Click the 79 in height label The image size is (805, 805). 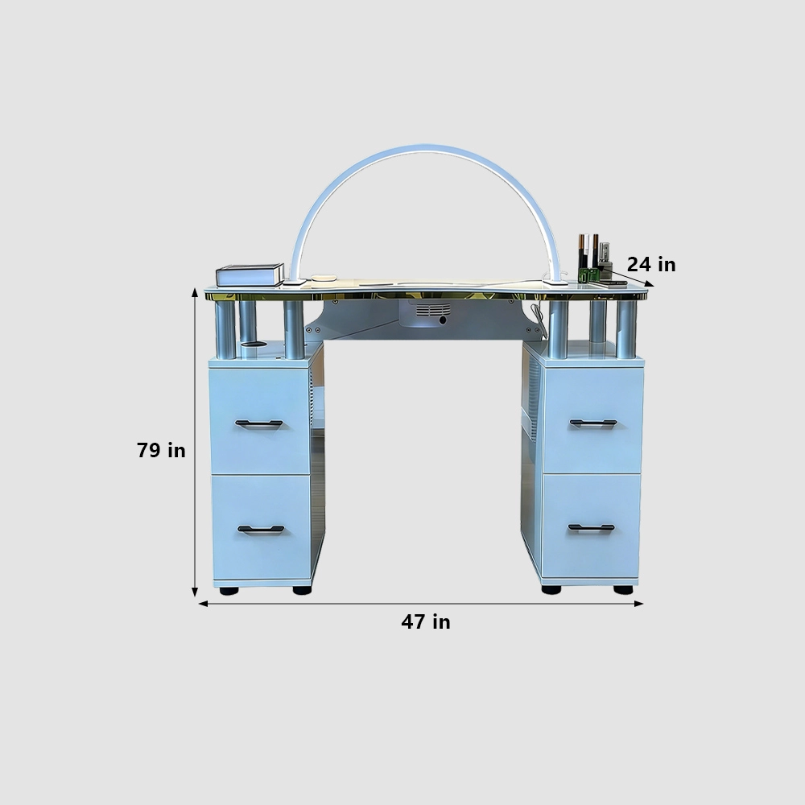pyautogui.click(x=161, y=450)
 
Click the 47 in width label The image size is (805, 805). pyautogui.click(x=426, y=621)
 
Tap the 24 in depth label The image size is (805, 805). pyautogui.click(x=651, y=264)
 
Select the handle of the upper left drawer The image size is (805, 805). pyautogui.click(x=258, y=423)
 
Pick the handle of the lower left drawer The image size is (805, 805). pyautogui.click(x=261, y=530)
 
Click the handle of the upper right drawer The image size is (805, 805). pyautogui.click(x=593, y=423)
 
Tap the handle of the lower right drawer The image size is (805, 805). pyautogui.click(x=591, y=527)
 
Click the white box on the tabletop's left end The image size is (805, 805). pyautogui.click(x=250, y=275)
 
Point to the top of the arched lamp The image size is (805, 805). pyautogui.click(x=426, y=147)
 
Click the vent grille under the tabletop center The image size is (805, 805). pyautogui.click(x=433, y=310)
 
